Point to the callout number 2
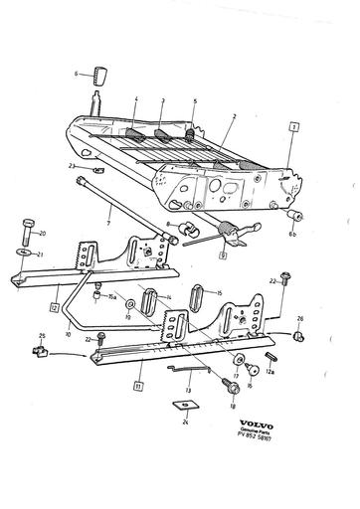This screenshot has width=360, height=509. [232, 116]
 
